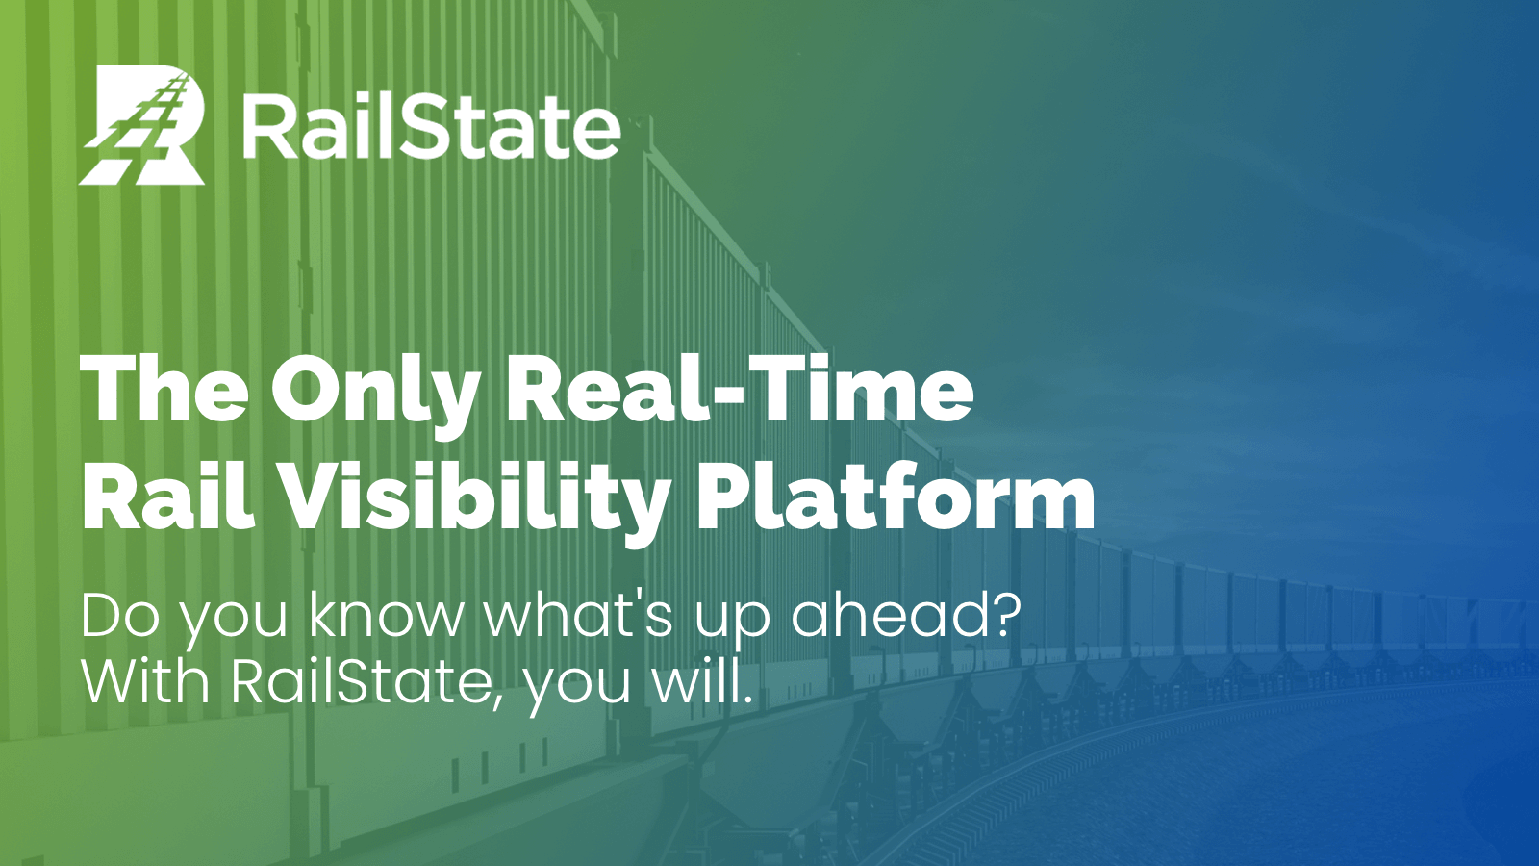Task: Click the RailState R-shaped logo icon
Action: [142, 125]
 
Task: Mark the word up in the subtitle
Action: [732, 621]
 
